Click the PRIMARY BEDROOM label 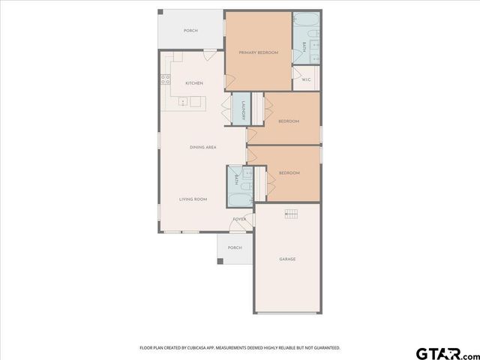pyautogui.click(x=258, y=52)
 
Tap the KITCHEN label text pyautogui.click(x=194, y=83)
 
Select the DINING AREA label pyautogui.click(x=203, y=148)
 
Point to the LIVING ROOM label pyautogui.click(x=193, y=199)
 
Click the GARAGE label pyautogui.click(x=287, y=259)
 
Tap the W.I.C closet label pyautogui.click(x=306, y=79)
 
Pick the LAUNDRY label pyautogui.click(x=243, y=110)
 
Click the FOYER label pyautogui.click(x=239, y=219)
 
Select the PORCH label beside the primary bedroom pyautogui.click(x=191, y=31)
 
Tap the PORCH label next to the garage pyautogui.click(x=235, y=247)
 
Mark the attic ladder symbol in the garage pyautogui.click(x=290, y=214)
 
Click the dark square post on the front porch pyautogui.click(x=220, y=262)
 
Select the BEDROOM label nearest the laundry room pyautogui.click(x=289, y=121)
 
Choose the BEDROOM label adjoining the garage pyautogui.click(x=289, y=173)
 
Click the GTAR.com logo pyautogui.click(x=446, y=352)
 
